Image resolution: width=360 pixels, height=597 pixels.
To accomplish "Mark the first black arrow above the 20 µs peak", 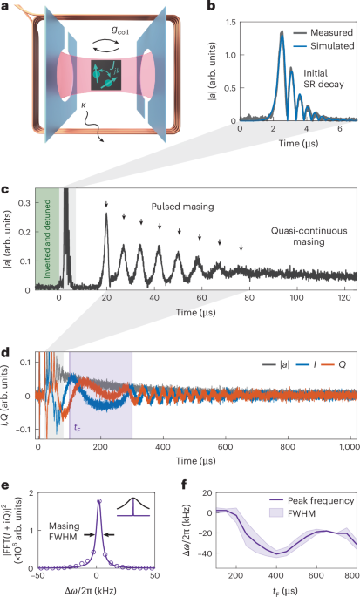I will pos(106,205).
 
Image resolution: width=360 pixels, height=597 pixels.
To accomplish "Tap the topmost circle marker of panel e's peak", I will pos(98,500).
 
